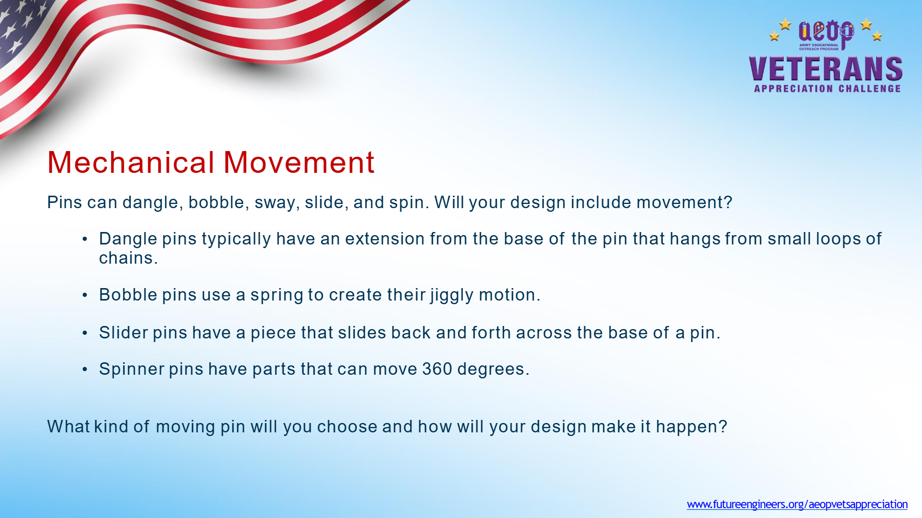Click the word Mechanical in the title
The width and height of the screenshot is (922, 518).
130,162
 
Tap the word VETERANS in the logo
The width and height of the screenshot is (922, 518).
826,69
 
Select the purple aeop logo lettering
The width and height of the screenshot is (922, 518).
826,33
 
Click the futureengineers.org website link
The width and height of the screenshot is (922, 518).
797,504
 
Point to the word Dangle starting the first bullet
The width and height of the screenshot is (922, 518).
128,239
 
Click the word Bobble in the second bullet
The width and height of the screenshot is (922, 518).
128,295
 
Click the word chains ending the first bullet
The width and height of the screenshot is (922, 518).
128,258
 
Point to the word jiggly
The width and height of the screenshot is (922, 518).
452,295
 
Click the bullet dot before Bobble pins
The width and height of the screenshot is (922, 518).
85,295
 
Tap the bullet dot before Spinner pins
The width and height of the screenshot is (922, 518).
85,370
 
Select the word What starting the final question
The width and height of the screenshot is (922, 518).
68,427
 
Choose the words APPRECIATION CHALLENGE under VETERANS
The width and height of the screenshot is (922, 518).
827,89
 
